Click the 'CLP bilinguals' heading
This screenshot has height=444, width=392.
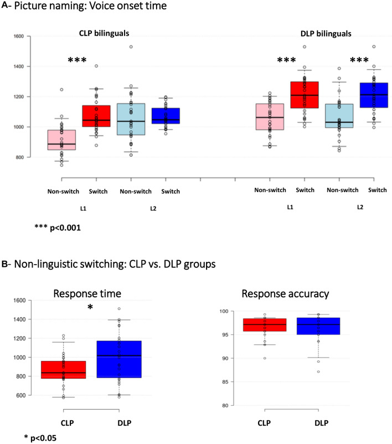[x=107, y=33]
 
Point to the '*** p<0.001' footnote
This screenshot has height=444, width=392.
[x=57, y=227]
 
